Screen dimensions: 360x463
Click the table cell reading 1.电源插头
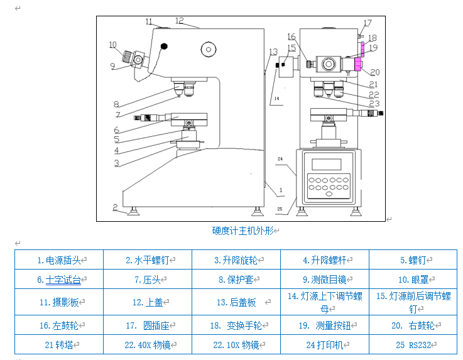(x=60, y=259)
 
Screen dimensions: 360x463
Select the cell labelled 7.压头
(x=148, y=280)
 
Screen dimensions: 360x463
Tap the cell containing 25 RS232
(x=413, y=345)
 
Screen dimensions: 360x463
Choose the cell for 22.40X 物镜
(x=148, y=345)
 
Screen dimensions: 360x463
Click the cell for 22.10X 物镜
(x=236, y=345)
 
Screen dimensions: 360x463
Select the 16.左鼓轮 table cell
(x=60, y=325)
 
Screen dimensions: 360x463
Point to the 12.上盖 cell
(x=148, y=302)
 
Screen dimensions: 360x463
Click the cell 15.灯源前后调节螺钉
(x=413, y=302)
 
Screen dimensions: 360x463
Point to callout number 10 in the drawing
(x=113, y=45)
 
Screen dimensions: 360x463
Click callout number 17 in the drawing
(x=368, y=23)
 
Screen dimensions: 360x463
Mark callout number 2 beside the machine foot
(x=116, y=207)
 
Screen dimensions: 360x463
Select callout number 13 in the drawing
(x=273, y=52)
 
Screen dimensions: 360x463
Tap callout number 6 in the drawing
(x=116, y=130)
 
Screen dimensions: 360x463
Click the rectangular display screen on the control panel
(x=326, y=164)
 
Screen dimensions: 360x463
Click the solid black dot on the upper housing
(x=165, y=46)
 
